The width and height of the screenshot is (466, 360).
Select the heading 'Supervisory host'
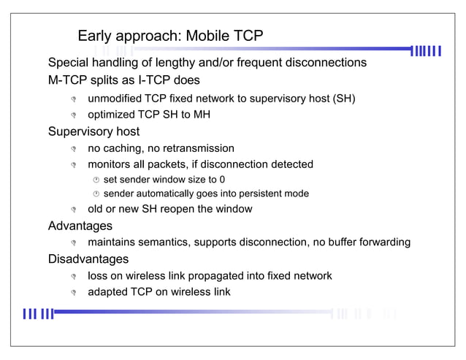[x=93, y=132]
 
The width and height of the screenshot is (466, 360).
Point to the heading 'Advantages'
[x=80, y=226]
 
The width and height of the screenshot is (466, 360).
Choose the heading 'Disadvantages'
[x=88, y=259]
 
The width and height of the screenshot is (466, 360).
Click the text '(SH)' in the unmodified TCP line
[x=344, y=98]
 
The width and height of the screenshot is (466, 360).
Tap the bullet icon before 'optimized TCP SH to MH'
[x=74, y=115]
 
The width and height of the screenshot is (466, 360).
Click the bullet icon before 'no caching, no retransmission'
[x=74, y=149]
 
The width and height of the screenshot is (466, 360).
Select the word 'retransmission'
[x=198, y=148]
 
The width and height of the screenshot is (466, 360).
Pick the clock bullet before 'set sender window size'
[x=95, y=180]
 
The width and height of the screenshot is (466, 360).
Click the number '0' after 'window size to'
[x=232, y=179]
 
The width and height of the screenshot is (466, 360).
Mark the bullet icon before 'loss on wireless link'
[x=74, y=277]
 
